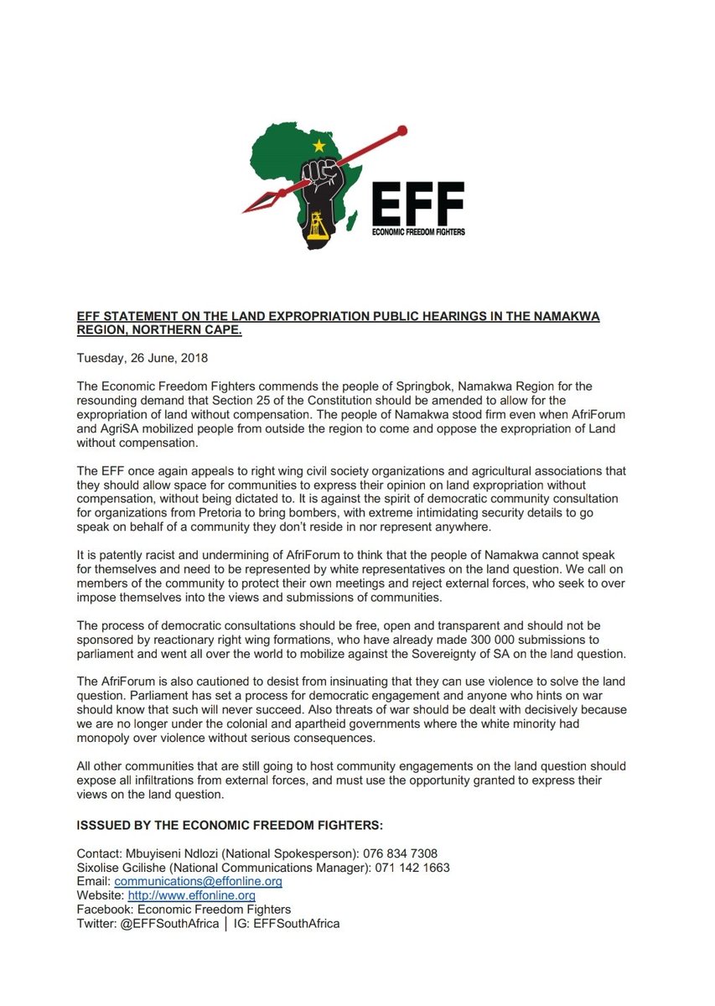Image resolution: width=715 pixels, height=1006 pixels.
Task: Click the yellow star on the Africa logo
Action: point(318,146)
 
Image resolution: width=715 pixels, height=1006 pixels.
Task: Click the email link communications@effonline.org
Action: point(198,882)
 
